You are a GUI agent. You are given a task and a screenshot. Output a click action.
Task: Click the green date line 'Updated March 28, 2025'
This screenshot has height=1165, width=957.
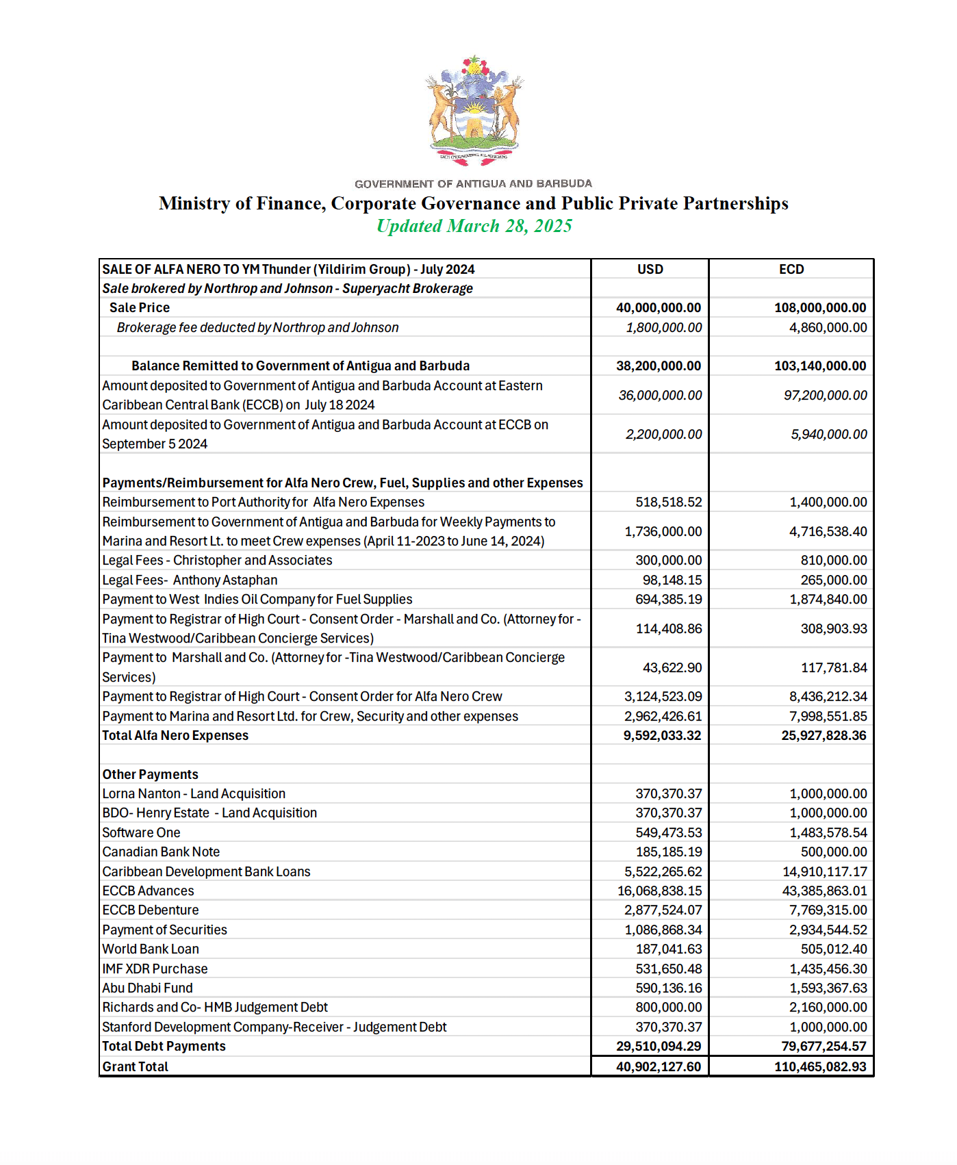pos(474,226)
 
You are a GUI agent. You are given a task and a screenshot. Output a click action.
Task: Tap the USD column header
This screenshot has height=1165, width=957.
pos(650,269)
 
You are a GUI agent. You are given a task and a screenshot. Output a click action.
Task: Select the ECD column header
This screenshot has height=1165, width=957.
pos(791,269)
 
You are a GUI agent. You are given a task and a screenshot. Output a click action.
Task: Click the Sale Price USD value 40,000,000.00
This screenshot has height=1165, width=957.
pos(658,308)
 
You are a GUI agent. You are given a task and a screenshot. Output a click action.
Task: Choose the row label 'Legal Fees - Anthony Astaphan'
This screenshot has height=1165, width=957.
pos(190,580)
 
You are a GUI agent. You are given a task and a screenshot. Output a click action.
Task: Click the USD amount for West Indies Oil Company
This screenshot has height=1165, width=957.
pos(668,600)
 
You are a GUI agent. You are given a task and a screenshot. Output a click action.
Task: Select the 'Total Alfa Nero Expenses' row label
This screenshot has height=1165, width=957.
pos(175,736)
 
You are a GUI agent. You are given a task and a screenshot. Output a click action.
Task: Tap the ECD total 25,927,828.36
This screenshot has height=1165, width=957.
pos(824,736)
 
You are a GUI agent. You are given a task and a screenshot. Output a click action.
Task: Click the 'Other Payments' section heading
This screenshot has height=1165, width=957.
pos(150,775)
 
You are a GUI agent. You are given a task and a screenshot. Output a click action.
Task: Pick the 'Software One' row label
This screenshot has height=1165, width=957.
pos(141,833)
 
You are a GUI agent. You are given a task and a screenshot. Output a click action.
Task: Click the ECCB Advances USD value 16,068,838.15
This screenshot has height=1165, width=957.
pos(659,891)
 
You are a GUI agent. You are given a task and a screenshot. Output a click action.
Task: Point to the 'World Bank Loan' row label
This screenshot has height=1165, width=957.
pos(151,949)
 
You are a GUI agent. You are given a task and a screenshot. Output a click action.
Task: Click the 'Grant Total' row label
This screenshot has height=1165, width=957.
pos(135,1067)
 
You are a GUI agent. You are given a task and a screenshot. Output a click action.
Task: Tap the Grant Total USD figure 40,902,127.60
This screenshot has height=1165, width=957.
pos(658,1067)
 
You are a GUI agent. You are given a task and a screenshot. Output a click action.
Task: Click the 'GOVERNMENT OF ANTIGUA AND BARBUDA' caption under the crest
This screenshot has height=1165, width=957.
pos(473,183)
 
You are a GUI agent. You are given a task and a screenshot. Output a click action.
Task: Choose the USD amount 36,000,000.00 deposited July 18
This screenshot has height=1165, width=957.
pos(660,396)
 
